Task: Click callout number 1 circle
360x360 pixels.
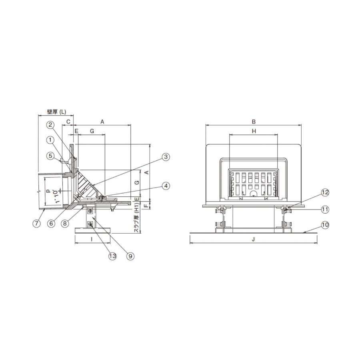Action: click(x=50, y=140)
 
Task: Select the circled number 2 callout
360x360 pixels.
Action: click(x=50, y=125)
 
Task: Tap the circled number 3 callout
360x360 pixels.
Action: click(x=166, y=157)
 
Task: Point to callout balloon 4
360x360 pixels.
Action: click(x=166, y=186)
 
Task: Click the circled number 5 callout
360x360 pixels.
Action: click(x=50, y=156)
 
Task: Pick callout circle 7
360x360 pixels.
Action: click(x=36, y=223)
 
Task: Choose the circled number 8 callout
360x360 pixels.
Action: click(x=65, y=223)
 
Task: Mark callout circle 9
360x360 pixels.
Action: click(x=130, y=256)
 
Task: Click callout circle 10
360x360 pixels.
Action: click(x=325, y=225)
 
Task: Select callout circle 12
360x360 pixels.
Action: click(x=325, y=192)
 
